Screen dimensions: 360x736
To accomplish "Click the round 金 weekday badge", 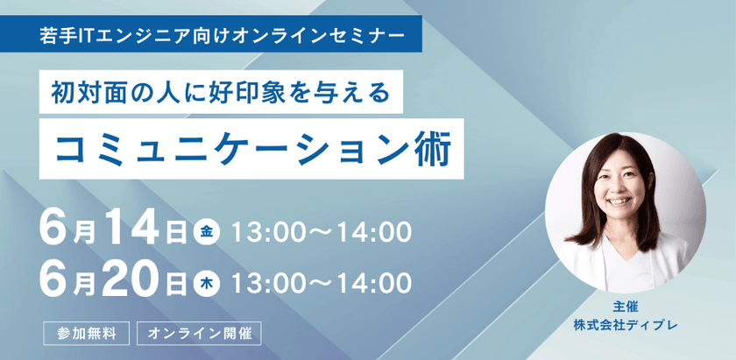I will pyautogui.click(x=206, y=232).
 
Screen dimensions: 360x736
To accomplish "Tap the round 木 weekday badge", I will pyautogui.click(x=206, y=282).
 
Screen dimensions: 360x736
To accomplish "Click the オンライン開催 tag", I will pyautogui.click(x=200, y=334).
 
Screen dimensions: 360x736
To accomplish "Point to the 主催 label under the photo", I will pyautogui.click(x=625, y=307).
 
